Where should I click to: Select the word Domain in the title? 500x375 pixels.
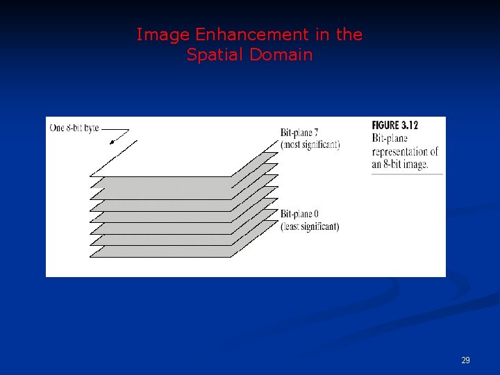(281, 54)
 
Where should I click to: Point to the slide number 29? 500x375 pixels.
(465, 360)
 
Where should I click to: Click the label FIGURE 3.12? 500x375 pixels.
(395, 126)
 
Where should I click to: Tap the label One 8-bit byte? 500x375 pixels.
(74, 128)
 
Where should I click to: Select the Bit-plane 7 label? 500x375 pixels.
(299, 133)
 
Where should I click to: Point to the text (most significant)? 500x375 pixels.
(310, 144)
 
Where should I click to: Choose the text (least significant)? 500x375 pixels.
(310, 226)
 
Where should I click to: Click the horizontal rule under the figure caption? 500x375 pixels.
(407, 174)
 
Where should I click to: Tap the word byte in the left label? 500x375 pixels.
(91, 128)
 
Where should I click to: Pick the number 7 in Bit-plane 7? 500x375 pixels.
(315, 133)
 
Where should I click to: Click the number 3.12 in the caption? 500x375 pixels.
(409, 126)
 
